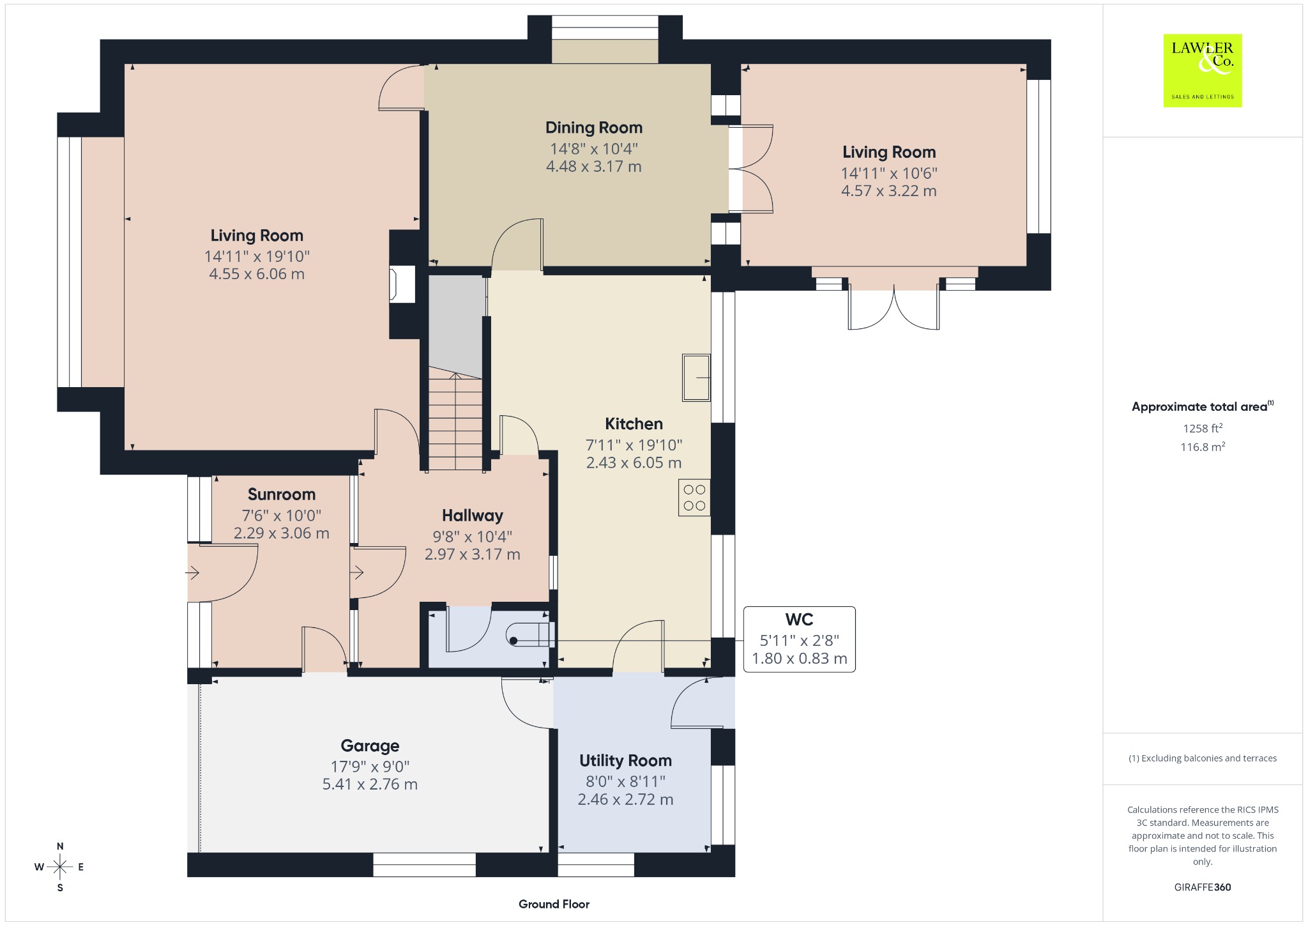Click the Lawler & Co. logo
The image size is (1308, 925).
point(1202,70)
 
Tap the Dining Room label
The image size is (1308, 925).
point(593,128)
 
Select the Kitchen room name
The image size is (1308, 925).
point(634,424)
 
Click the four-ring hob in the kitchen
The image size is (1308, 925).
point(694,498)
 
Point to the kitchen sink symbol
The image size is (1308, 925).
point(696,378)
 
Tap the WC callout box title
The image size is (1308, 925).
point(799,620)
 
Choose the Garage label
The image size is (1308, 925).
point(370,745)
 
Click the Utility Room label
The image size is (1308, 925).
point(625,760)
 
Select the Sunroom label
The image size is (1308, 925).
point(282,494)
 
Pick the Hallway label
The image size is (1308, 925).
point(473,516)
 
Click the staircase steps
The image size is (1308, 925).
point(455,422)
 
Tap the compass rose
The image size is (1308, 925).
point(60,867)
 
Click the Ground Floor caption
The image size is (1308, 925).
point(554,904)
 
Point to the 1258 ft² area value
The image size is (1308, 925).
point(1203,428)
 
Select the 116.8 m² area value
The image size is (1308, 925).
point(1203,447)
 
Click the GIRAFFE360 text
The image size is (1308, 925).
point(1203,887)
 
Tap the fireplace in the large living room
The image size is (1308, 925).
point(402,284)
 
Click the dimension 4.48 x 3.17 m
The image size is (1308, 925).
point(593,167)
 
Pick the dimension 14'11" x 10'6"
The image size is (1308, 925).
point(888,173)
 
